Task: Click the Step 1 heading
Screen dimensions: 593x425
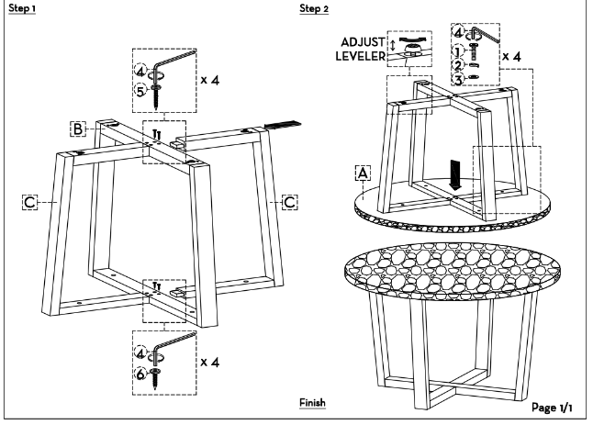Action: [x=22, y=8]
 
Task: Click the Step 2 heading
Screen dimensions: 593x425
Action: [x=314, y=8]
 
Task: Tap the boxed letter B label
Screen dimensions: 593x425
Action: [x=78, y=129]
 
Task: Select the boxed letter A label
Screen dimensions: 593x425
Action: [x=363, y=173]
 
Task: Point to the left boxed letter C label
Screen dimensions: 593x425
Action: [x=30, y=202]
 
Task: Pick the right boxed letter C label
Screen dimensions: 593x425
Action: [x=290, y=202]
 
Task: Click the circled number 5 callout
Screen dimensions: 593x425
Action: [x=140, y=91]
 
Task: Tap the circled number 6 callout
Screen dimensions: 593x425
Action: [x=140, y=374]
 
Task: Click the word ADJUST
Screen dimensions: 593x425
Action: [x=363, y=42]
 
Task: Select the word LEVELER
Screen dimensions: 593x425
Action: [x=361, y=56]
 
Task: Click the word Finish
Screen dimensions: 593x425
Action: [x=312, y=403]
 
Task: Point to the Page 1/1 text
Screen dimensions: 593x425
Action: [x=552, y=408]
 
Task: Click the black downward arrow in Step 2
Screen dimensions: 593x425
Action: [x=455, y=174]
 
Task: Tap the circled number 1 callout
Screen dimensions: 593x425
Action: [x=458, y=51]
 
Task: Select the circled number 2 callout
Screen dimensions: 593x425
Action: [x=458, y=65]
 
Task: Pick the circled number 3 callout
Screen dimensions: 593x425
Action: [x=458, y=80]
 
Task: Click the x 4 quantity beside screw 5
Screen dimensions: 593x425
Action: [x=210, y=80]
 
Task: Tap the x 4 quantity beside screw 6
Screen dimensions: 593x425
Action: [x=210, y=363]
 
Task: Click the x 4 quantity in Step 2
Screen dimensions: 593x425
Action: [x=511, y=56]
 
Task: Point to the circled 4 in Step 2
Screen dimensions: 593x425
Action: [x=458, y=32]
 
